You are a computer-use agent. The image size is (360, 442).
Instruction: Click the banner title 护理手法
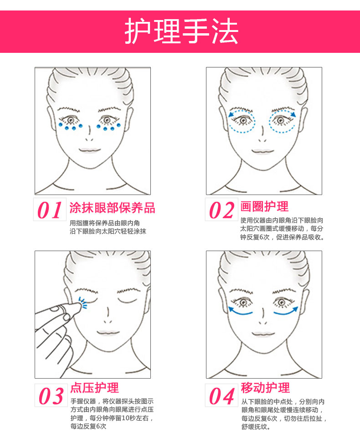(x=181, y=31)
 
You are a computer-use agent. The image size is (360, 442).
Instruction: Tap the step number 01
(x=50, y=210)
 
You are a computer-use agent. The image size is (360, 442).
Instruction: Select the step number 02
(x=221, y=210)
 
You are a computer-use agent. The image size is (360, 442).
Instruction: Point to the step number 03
(x=51, y=396)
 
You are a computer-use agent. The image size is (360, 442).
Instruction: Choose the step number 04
(x=221, y=396)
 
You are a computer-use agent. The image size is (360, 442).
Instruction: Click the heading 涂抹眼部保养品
(x=112, y=208)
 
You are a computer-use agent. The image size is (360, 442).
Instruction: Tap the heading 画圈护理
(x=264, y=206)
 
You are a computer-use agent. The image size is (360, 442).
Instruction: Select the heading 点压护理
(x=94, y=388)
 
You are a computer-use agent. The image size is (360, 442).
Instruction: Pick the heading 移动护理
(x=265, y=388)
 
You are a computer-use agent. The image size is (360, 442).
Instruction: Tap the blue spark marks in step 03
(x=82, y=303)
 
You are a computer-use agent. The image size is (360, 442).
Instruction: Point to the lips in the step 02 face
(x=262, y=151)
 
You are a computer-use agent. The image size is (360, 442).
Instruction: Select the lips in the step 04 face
(x=263, y=334)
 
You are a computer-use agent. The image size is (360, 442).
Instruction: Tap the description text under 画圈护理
(x=282, y=229)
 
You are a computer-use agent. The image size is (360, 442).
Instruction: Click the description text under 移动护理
(x=283, y=414)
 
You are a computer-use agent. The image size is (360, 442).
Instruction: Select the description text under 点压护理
(x=112, y=414)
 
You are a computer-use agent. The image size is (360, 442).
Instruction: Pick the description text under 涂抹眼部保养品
(x=108, y=227)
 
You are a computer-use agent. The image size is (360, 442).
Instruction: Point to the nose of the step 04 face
(x=262, y=317)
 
